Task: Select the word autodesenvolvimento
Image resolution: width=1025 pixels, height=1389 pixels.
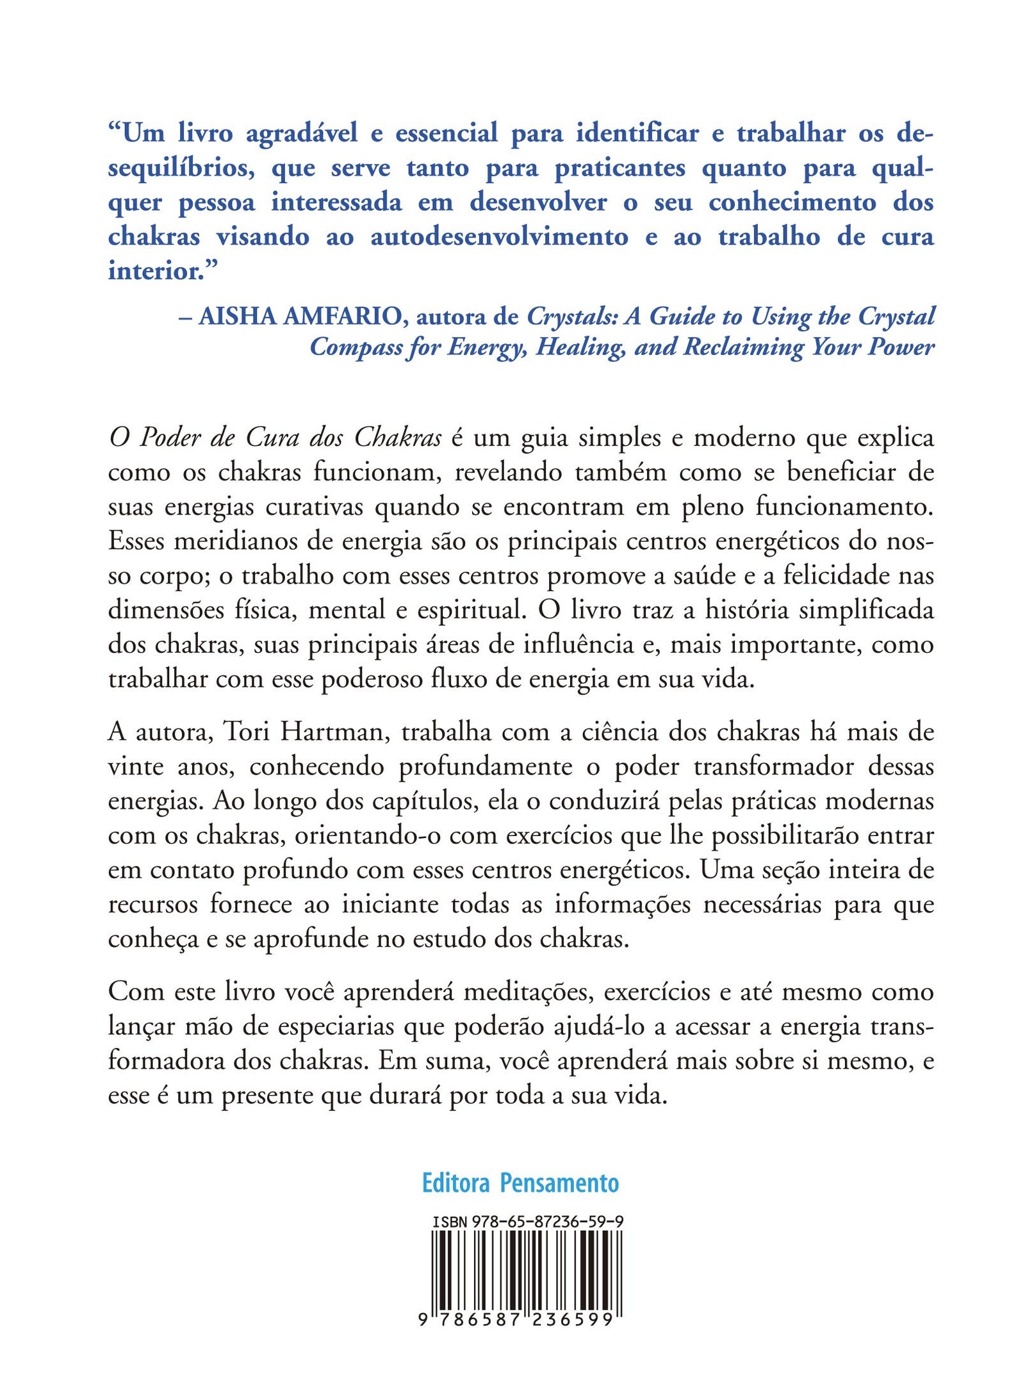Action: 499,237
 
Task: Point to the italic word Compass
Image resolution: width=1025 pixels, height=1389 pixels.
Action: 351,347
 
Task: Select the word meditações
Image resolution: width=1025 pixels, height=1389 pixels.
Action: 529,992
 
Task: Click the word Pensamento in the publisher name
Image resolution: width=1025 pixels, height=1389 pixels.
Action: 559,1183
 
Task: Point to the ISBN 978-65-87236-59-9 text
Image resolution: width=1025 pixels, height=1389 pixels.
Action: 527,1222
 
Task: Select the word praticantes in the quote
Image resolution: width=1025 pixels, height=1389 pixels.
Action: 619,168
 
